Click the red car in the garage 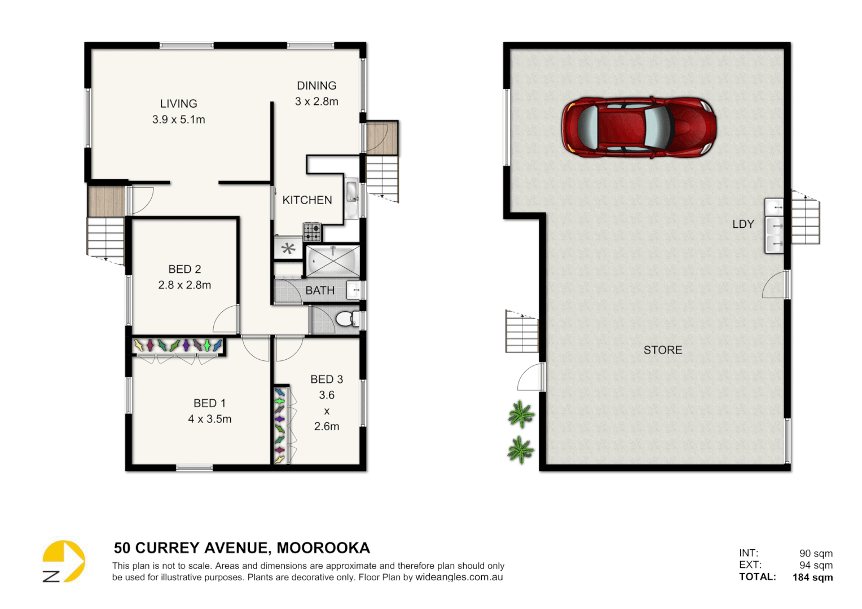coord(639,127)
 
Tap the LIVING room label coord(178,104)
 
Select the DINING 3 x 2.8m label coord(316,94)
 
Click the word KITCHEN coord(307,200)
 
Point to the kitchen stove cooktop coord(312,232)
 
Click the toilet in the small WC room coord(346,319)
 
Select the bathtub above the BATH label coord(333,261)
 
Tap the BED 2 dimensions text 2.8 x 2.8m coord(184,285)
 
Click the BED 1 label coord(209,403)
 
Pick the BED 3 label coord(327,379)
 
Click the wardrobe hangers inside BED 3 coord(280,425)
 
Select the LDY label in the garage coord(743,224)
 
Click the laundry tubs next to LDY coord(774,226)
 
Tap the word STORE coord(663,350)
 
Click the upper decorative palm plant coord(520,414)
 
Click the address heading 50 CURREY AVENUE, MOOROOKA coord(242,548)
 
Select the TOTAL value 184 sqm coord(812,577)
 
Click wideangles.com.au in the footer coord(459,577)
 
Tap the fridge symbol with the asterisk coord(288,249)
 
